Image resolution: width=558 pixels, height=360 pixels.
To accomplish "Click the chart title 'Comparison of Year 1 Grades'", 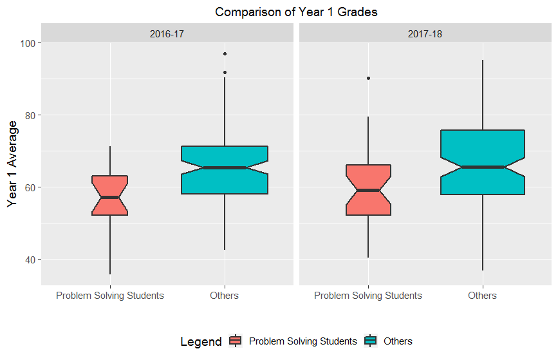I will (x=297, y=12).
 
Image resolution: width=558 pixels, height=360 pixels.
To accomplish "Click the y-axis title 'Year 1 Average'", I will (x=12, y=164).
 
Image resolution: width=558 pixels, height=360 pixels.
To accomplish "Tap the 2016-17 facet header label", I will (x=167, y=33).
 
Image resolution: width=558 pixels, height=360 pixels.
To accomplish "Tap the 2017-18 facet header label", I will (x=425, y=33).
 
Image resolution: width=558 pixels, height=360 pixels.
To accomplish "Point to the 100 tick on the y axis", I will (x=30, y=43).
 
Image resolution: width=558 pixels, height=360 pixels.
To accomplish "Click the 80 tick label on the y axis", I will (x=30, y=115).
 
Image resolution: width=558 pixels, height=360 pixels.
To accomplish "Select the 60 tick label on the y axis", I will (x=30, y=187).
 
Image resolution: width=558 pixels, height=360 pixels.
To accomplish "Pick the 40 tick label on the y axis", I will (x=30, y=260).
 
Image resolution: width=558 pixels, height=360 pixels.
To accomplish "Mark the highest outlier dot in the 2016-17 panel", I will (x=225, y=54).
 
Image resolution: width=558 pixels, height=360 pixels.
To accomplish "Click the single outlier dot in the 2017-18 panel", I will (x=368, y=78).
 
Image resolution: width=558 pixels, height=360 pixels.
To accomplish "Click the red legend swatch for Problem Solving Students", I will (x=236, y=341).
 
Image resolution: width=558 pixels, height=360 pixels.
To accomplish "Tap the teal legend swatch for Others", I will (x=371, y=341).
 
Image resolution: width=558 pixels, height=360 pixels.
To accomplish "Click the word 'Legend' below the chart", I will (x=201, y=341).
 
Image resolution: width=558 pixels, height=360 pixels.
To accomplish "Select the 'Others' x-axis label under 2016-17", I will (x=224, y=296).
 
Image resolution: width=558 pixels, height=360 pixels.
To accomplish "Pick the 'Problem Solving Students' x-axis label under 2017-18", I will (x=368, y=296).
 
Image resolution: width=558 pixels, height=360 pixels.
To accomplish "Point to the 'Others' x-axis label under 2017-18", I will (x=483, y=296).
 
